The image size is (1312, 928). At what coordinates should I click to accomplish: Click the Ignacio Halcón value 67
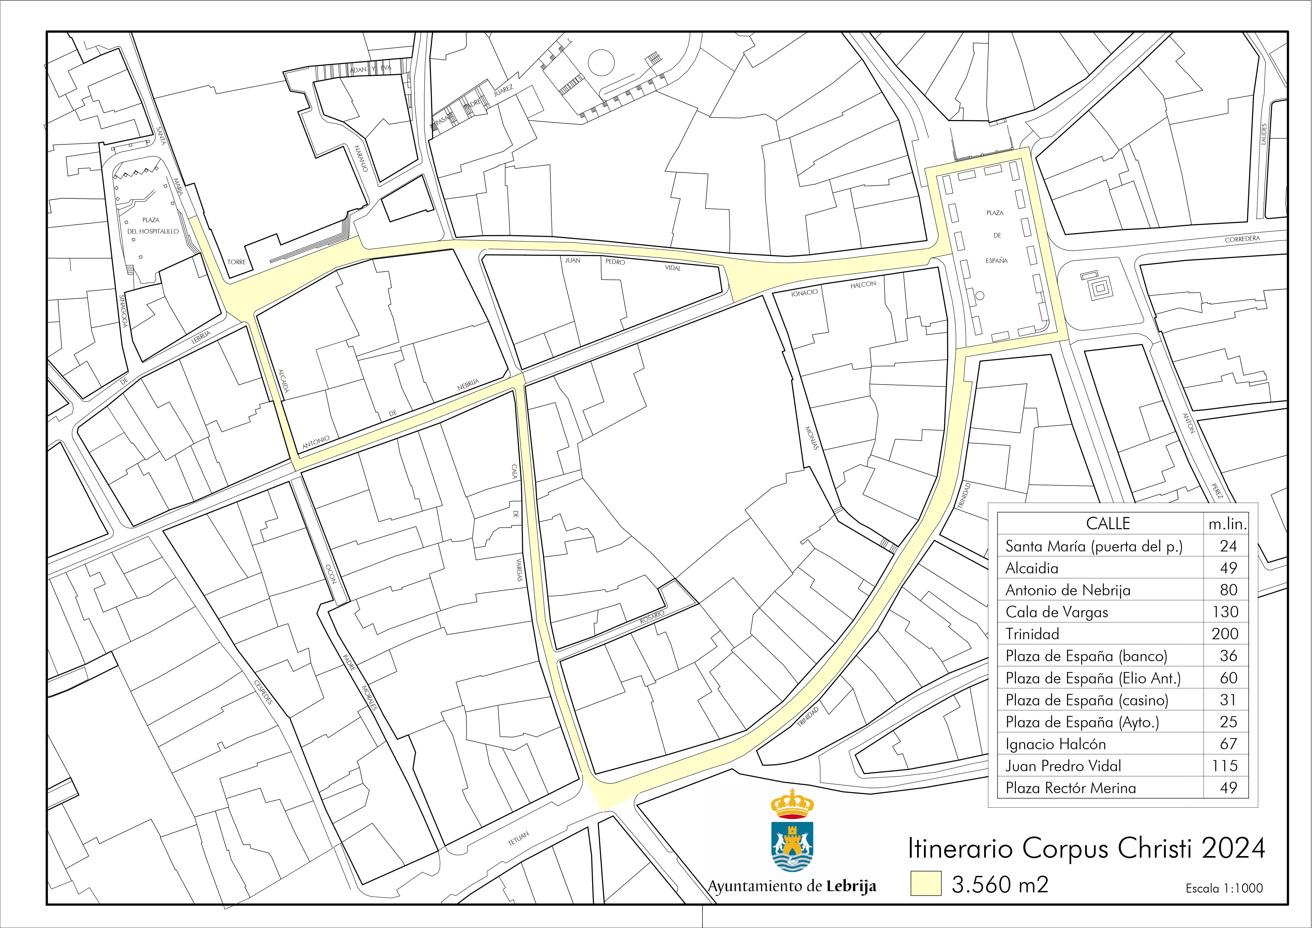(1228, 744)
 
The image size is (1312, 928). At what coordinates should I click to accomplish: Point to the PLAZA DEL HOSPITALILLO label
(151, 226)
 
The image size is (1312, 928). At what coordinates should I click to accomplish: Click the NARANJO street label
(361, 159)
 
